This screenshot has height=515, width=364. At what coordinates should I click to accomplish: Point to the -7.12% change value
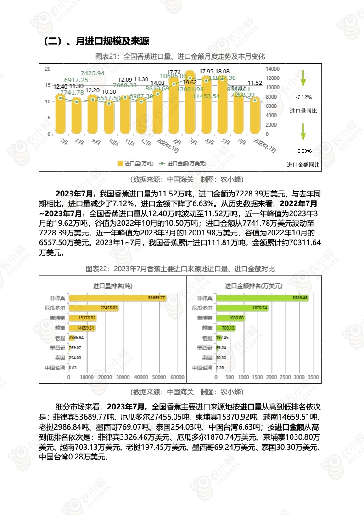303,97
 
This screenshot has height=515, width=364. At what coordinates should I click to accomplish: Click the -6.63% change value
303,151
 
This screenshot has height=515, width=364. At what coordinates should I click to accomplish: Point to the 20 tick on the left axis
48,68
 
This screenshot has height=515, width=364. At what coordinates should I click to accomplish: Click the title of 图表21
180,56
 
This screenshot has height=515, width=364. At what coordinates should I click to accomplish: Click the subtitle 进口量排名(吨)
112,285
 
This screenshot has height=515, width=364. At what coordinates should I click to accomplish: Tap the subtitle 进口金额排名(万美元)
253,285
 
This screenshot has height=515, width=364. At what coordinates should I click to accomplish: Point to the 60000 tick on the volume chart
177,377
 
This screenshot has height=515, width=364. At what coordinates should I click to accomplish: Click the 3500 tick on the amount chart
313,377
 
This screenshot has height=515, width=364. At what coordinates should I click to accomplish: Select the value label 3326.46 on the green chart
300,298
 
